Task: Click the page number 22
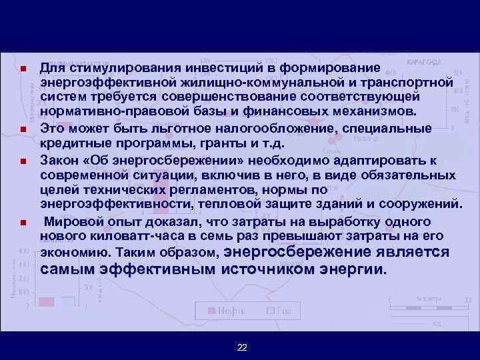point(242,347)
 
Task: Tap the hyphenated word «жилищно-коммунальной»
point(255,82)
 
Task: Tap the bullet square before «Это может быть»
point(23,130)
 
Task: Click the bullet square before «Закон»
point(23,161)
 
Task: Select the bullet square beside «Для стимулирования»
point(23,69)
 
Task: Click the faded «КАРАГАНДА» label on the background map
point(423,62)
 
